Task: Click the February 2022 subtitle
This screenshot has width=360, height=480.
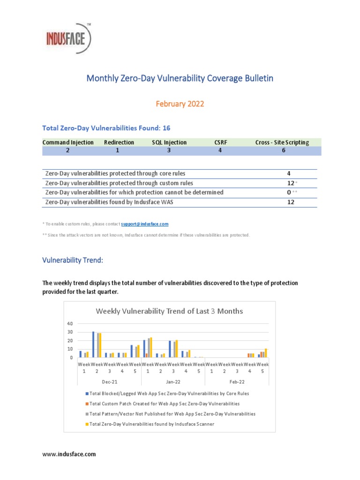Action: [x=180, y=104]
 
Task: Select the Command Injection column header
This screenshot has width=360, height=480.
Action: [x=68, y=142]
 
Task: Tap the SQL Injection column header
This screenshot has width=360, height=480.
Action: [x=169, y=142]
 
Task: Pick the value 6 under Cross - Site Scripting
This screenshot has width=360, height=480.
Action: [x=283, y=150]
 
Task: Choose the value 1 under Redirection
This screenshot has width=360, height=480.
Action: [x=117, y=150]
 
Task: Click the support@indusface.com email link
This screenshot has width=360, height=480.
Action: [x=145, y=224]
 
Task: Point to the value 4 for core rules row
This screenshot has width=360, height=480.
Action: [x=289, y=173]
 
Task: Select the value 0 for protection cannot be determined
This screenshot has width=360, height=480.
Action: [x=289, y=192]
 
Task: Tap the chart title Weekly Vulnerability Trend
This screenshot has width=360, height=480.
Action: [x=169, y=311]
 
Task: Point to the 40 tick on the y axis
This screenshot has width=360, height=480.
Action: [x=70, y=323]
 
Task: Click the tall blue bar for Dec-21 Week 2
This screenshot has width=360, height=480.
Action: [x=93, y=345]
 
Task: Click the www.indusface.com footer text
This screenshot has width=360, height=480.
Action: [x=69, y=454]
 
